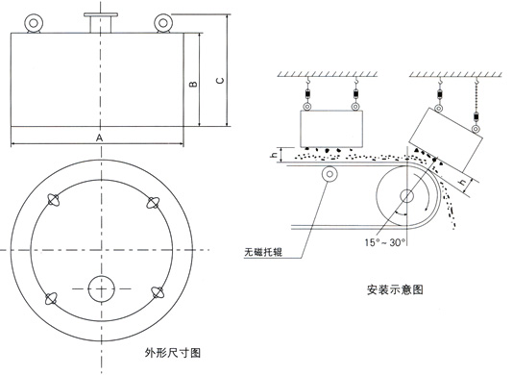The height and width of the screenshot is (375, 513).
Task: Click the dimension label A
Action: [99, 138]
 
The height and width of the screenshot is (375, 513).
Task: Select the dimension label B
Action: [192, 86]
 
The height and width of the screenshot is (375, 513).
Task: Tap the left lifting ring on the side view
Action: [37, 22]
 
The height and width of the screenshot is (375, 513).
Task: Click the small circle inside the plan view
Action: [101, 287]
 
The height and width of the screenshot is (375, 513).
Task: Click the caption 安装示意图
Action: [394, 287]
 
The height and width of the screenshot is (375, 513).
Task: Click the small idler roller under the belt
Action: [331, 174]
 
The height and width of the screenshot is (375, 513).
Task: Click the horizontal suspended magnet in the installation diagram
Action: [333, 126]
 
